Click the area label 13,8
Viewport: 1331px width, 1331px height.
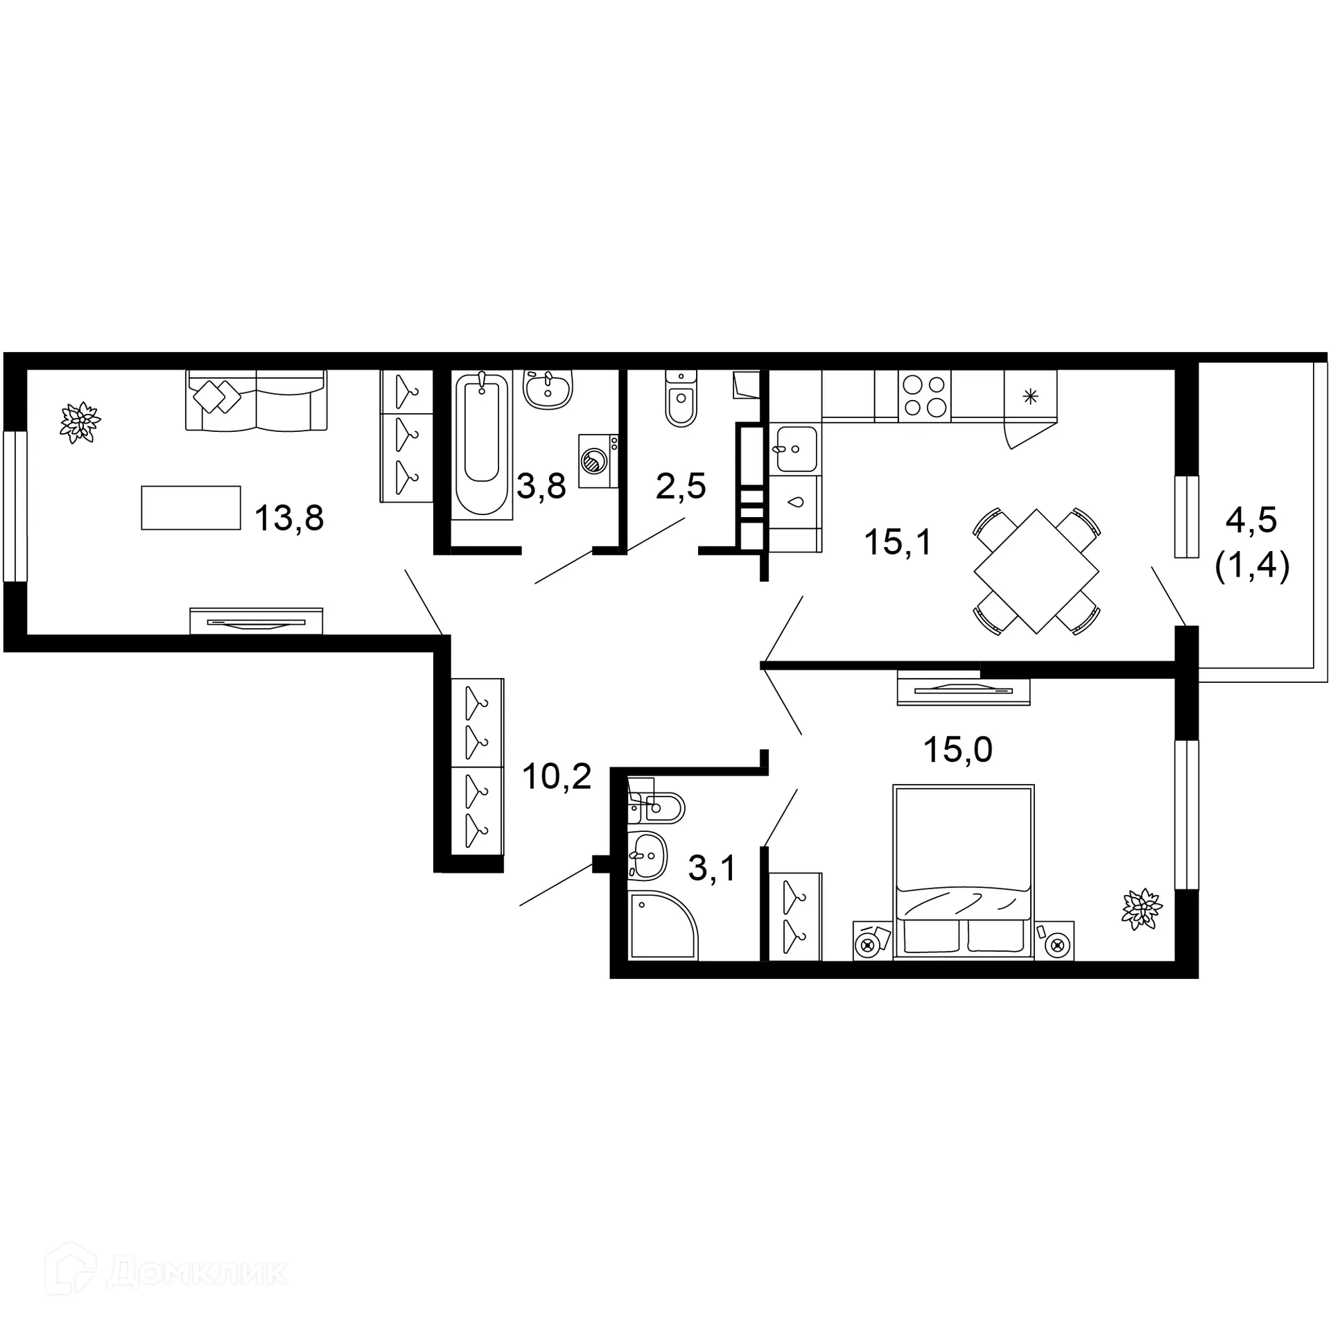coord(289,518)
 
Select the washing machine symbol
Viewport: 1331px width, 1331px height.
coord(598,460)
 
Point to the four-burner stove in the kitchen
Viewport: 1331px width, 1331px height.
coord(925,396)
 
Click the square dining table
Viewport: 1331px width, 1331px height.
coord(1036,571)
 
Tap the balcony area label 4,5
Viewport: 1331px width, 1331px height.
coord(1251,520)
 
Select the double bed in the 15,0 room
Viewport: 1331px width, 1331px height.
coord(964,871)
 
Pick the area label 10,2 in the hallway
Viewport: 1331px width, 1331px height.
coord(557,776)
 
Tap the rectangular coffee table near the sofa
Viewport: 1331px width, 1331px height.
coord(191,507)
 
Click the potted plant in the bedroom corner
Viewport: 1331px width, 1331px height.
coord(1141,909)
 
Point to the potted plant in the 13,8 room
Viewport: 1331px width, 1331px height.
coord(81,421)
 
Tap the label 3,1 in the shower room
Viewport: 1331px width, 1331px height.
coord(712,868)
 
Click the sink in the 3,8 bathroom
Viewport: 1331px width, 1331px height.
coord(548,389)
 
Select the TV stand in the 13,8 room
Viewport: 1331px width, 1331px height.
coord(256,620)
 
